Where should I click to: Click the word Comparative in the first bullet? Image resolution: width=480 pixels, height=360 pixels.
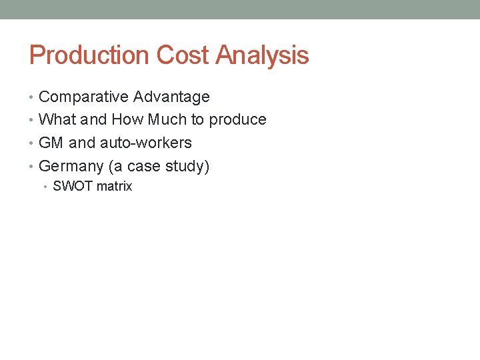[x=84, y=97]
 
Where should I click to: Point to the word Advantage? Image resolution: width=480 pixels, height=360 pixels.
[x=171, y=97]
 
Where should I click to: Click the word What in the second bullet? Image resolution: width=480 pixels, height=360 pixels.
[x=57, y=120]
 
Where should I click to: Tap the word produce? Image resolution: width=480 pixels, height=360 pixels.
[x=237, y=120]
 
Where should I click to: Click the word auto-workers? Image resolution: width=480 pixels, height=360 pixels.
[x=145, y=143]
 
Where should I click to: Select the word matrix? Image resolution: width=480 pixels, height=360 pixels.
[x=115, y=187]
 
